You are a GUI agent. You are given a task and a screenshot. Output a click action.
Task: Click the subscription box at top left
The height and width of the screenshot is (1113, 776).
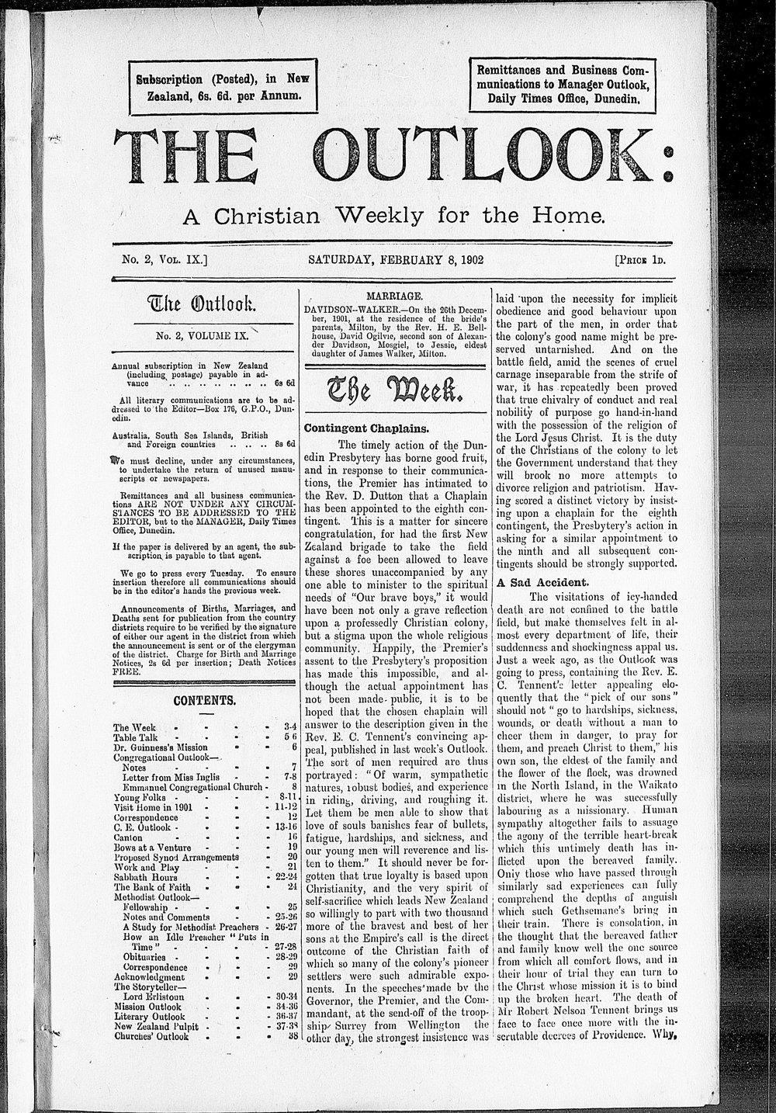(222, 85)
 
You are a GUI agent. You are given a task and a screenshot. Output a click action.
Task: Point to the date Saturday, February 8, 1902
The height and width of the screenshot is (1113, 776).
(396, 260)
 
